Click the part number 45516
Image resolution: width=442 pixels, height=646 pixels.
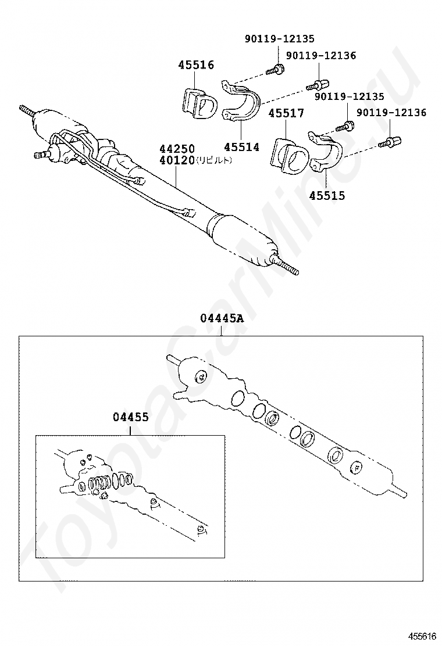(x=196, y=65)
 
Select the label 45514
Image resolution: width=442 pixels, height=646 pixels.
(x=242, y=147)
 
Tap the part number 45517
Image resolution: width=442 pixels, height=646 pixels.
(x=286, y=113)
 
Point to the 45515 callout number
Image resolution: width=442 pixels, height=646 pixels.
(x=327, y=196)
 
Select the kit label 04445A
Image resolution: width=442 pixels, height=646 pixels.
(x=222, y=318)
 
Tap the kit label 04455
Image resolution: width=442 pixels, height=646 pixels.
(x=131, y=417)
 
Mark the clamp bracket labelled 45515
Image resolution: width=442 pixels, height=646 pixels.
(x=326, y=152)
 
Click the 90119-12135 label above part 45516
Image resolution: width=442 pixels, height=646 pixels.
(x=279, y=39)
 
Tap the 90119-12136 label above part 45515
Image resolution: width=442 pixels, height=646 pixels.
(x=391, y=113)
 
